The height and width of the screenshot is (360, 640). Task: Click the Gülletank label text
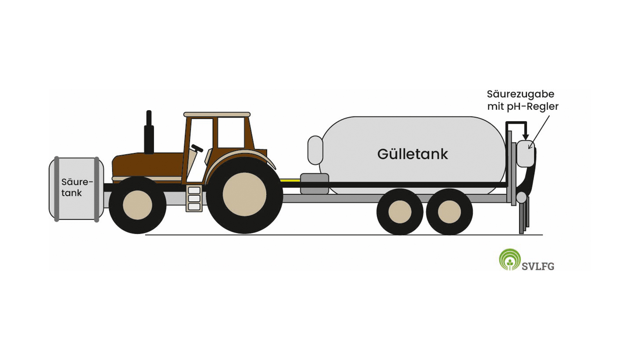pos(413,154)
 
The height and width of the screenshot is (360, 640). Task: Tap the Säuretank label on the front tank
pos(77,187)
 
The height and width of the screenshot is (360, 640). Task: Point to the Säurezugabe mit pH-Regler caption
pos(523,100)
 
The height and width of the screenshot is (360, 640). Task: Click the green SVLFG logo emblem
pos(509,260)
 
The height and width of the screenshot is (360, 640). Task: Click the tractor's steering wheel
pos(197,148)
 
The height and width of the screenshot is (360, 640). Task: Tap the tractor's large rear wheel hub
pos(244,194)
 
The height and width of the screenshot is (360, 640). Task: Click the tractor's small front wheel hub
pos(137,205)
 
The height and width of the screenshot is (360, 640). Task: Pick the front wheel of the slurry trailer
pos(400,212)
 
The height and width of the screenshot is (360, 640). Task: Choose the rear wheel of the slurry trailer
pos(449,212)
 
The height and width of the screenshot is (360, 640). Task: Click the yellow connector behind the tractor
pos(290,180)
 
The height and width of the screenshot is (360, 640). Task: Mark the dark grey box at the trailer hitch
pos(315,184)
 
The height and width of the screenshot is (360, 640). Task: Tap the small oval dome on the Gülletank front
pos(315,150)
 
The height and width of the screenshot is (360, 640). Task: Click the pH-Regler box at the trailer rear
pos(525,153)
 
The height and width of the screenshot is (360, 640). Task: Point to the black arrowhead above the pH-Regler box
pos(525,137)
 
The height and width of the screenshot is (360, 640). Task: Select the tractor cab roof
pos(217,115)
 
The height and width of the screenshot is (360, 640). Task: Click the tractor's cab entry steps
pos(194,199)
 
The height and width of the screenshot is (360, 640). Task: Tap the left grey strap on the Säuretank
pos(56,189)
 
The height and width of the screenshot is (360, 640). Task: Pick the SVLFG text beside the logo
pos(538,267)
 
